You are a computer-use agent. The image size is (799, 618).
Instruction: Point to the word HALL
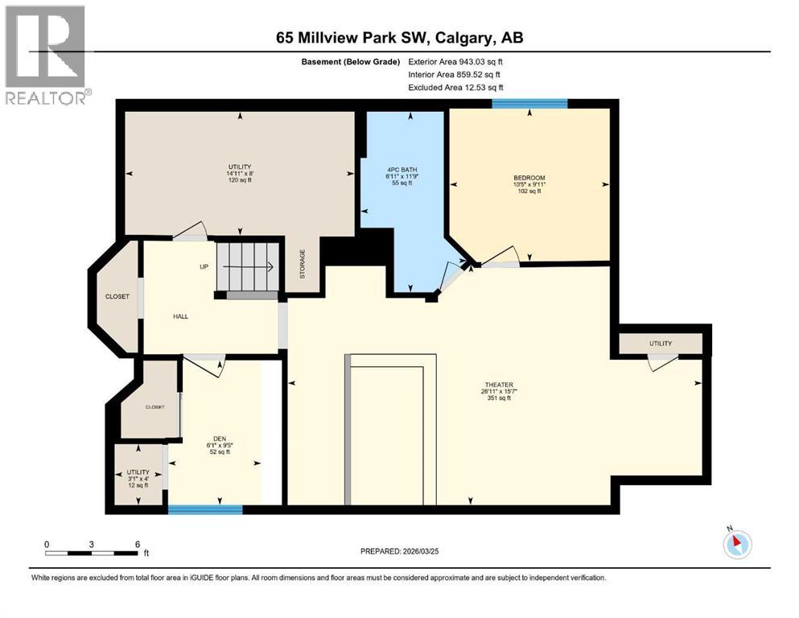(x=181, y=316)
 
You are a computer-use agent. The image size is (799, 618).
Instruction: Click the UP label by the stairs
(x=205, y=266)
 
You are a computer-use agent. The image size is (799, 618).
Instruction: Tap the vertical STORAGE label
(x=303, y=264)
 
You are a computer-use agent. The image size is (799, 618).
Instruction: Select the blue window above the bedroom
(x=529, y=103)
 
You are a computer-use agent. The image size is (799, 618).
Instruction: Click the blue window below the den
(x=205, y=509)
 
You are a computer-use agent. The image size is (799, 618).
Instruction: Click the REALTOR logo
(x=46, y=56)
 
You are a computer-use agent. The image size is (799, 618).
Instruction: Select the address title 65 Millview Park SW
(x=399, y=38)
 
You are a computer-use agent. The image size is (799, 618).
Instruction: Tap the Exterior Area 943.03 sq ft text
(x=456, y=61)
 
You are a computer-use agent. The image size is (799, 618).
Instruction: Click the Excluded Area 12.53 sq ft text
(x=456, y=87)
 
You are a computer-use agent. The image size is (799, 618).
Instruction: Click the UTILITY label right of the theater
(x=660, y=344)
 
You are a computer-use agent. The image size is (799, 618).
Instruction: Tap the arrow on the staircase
(x=261, y=266)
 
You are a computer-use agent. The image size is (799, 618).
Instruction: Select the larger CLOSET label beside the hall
(x=117, y=297)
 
